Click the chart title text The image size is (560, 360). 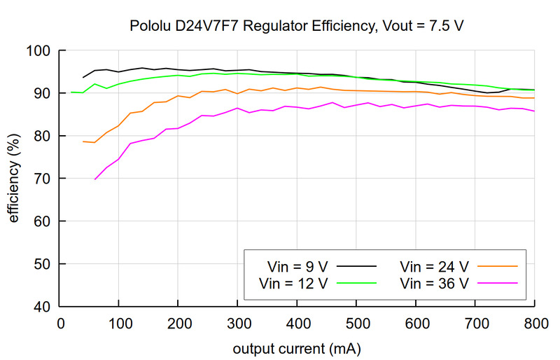pos(297,27)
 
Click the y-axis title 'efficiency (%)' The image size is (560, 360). pos(14,179)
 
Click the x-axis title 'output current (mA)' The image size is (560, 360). pos(297,347)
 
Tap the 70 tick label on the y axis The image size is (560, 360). pos(44,179)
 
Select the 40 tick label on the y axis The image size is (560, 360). pos(44,307)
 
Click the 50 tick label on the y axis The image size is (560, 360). pos(44,264)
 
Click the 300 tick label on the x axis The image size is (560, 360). pos(237,324)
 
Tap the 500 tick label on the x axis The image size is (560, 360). pos(356,324)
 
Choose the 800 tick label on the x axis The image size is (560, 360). pos(534,324)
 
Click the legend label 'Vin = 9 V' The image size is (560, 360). pos(298,266)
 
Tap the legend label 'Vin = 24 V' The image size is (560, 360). pos(434,266)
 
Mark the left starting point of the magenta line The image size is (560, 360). pos(95,179)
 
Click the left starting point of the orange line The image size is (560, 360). pos(83,141)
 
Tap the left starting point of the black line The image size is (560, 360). pos(83,77)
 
